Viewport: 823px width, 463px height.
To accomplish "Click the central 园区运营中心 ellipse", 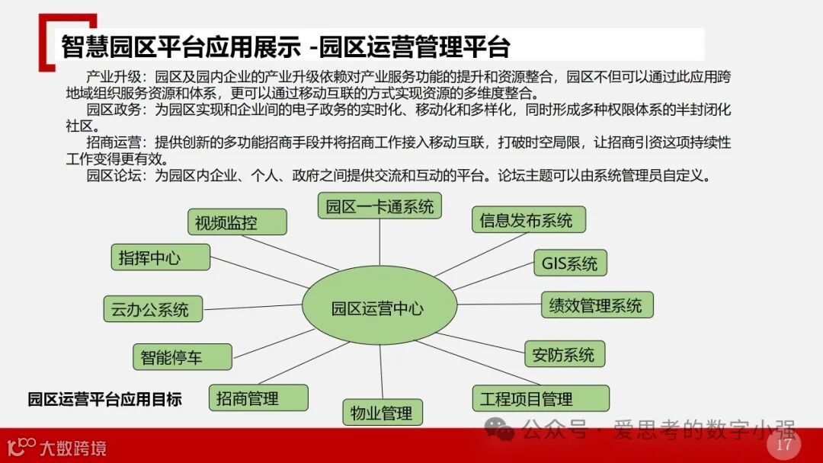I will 379,308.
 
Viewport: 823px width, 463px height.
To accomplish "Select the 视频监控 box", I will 237,222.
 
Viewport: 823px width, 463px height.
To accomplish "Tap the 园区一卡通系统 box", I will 379,206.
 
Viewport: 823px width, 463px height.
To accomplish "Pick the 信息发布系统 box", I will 527,221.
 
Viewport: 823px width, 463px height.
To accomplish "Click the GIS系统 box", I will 569,263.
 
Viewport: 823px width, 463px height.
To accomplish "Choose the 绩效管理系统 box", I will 597,305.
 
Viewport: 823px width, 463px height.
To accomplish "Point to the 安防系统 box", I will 564,354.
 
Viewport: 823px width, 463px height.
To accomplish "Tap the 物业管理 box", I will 382,413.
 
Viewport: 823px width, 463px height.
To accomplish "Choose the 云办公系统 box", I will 152,309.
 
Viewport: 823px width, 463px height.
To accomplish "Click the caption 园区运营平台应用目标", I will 104,399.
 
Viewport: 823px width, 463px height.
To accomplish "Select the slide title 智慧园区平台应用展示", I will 181,47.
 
